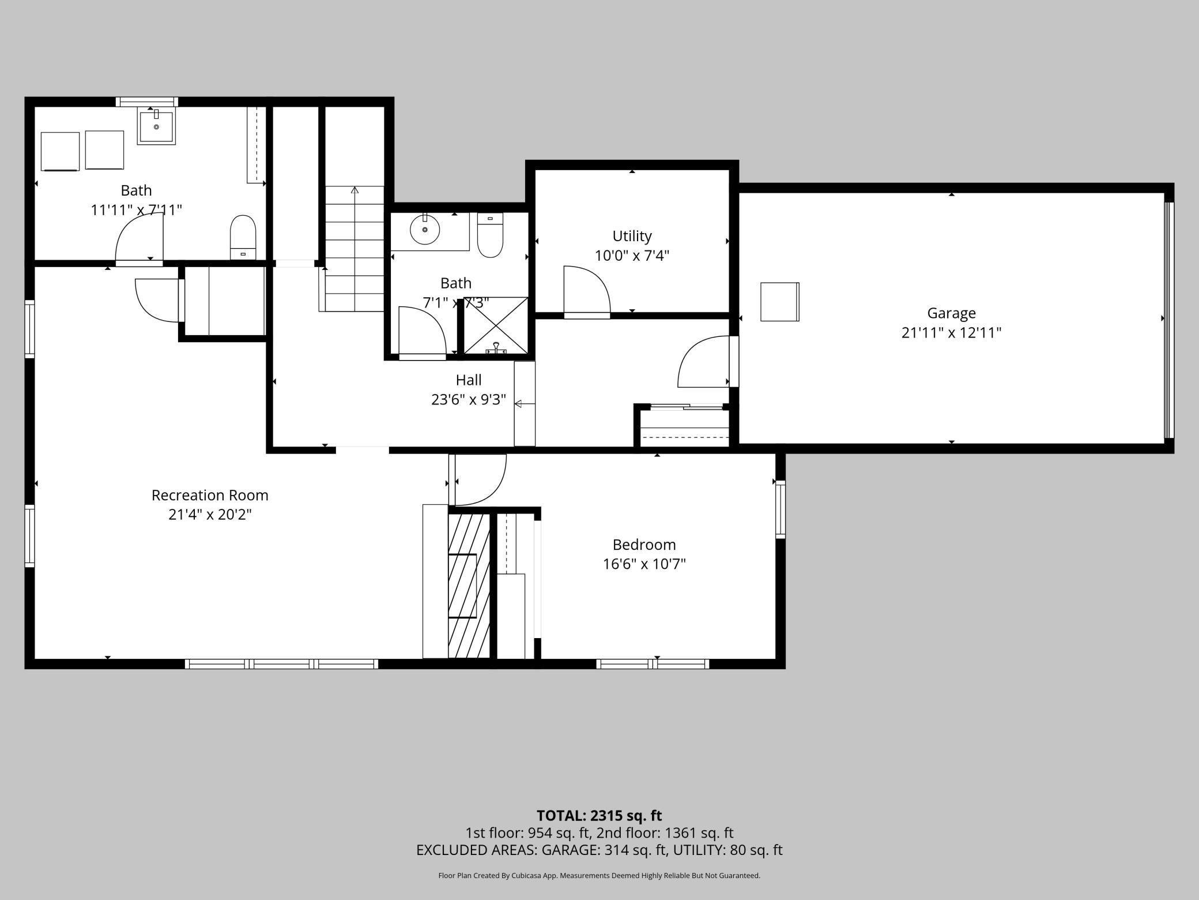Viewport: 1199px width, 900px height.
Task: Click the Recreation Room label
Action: (x=210, y=495)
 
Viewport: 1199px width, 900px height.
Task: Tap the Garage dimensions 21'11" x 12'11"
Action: (x=951, y=333)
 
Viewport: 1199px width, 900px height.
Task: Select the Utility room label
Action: (x=632, y=236)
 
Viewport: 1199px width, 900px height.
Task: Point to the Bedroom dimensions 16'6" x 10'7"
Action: (x=644, y=564)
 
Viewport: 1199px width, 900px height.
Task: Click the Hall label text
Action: (x=468, y=380)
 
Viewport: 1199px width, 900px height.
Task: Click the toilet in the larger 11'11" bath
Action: (x=243, y=237)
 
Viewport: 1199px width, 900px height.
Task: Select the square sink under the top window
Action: (x=156, y=126)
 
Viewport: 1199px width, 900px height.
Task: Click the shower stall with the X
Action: (x=496, y=325)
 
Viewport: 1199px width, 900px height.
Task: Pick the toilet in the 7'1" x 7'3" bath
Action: (x=491, y=235)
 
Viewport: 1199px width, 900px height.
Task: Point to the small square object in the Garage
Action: (x=779, y=302)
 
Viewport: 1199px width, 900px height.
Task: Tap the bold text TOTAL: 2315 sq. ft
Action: (x=599, y=816)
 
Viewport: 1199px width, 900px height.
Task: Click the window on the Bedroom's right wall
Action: (x=780, y=509)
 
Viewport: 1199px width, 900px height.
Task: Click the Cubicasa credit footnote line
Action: (x=599, y=876)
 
